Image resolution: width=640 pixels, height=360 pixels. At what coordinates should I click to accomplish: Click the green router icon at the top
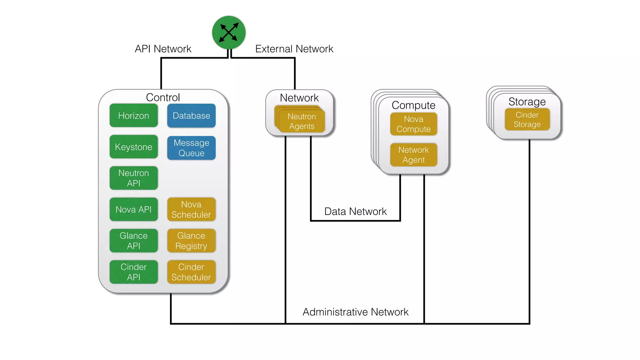click(228, 32)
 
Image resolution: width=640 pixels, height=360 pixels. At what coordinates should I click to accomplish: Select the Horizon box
click(133, 116)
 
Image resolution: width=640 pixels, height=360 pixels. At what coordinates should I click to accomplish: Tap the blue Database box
click(191, 116)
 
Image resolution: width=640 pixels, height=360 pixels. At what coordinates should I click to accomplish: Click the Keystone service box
click(133, 147)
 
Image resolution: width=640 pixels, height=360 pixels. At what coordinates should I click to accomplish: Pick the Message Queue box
click(191, 148)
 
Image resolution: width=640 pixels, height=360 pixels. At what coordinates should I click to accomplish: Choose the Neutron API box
click(133, 178)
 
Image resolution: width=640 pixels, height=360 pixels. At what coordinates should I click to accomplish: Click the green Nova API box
click(133, 209)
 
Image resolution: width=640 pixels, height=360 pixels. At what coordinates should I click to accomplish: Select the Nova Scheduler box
click(191, 209)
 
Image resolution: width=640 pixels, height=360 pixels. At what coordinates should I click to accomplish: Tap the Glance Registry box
click(191, 241)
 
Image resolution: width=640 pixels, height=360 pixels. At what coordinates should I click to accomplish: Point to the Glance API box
click(133, 241)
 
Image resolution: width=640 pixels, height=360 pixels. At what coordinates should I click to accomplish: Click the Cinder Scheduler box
click(191, 272)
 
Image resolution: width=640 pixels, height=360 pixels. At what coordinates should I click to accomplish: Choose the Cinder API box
click(133, 272)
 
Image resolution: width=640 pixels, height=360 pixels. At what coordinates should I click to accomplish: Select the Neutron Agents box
click(302, 121)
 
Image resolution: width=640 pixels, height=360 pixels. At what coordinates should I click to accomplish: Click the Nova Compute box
click(413, 124)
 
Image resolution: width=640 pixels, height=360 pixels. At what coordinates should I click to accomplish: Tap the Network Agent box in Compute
click(413, 155)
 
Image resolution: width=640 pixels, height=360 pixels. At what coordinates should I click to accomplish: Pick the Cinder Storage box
click(527, 119)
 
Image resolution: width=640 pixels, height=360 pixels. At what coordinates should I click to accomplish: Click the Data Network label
click(355, 212)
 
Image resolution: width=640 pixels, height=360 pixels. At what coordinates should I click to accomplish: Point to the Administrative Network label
click(355, 312)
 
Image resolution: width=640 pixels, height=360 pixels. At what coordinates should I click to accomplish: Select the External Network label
click(294, 49)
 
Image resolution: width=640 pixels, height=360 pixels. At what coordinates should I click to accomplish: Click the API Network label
click(163, 49)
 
